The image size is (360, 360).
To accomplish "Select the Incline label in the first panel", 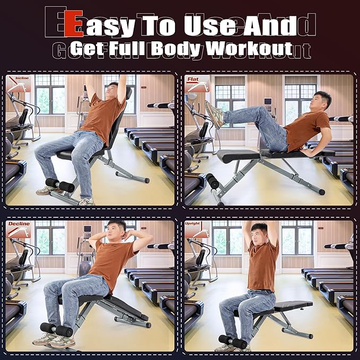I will [22, 78].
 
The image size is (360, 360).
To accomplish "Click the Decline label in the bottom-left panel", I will [19, 224].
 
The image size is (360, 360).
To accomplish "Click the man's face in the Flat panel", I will [321, 100].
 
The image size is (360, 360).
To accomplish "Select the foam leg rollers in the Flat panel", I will [212, 181].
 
